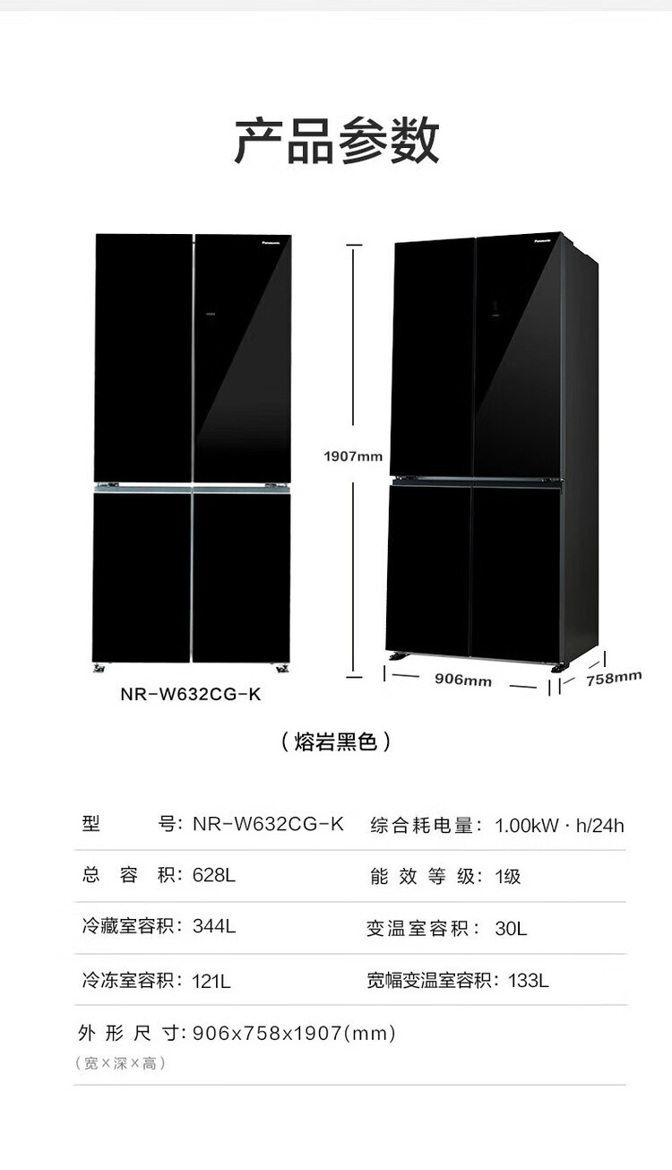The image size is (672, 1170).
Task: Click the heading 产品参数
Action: click(336, 141)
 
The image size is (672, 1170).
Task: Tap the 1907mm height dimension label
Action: click(353, 456)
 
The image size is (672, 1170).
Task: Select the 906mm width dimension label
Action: click(463, 680)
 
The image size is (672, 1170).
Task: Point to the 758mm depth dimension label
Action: click(614, 678)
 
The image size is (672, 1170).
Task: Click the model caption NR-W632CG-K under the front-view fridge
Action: click(191, 695)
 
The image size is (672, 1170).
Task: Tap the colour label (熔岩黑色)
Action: click(336, 742)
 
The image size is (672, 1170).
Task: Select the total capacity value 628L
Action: click(213, 875)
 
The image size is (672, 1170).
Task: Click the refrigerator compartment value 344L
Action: click(214, 926)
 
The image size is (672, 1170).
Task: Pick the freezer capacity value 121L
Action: click(211, 980)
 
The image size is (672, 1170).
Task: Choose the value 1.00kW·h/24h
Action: click(559, 825)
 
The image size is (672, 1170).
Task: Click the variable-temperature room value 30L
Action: click(511, 928)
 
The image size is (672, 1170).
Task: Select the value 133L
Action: click(529, 980)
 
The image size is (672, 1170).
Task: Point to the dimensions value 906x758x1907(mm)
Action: click(294, 1033)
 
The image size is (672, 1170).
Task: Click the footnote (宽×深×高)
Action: click(120, 1063)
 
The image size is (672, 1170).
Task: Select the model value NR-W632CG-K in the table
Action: click(268, 824)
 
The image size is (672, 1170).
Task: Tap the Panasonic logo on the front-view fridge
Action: click(272, 242)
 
